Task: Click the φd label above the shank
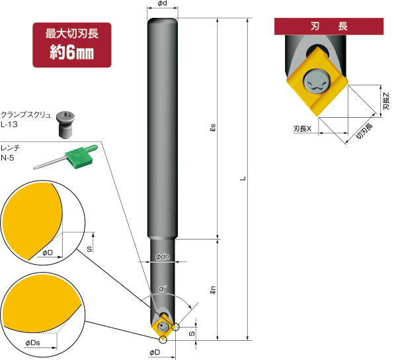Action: pos(162,5)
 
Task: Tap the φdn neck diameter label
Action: pos(163,256)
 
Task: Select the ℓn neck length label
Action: pos(212,289)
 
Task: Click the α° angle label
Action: pos(163,288)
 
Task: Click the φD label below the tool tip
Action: pos(155,352)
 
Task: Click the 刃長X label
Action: pos(302,129)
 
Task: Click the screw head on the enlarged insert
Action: pos(316,81)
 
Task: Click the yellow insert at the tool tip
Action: pos(163,327)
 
